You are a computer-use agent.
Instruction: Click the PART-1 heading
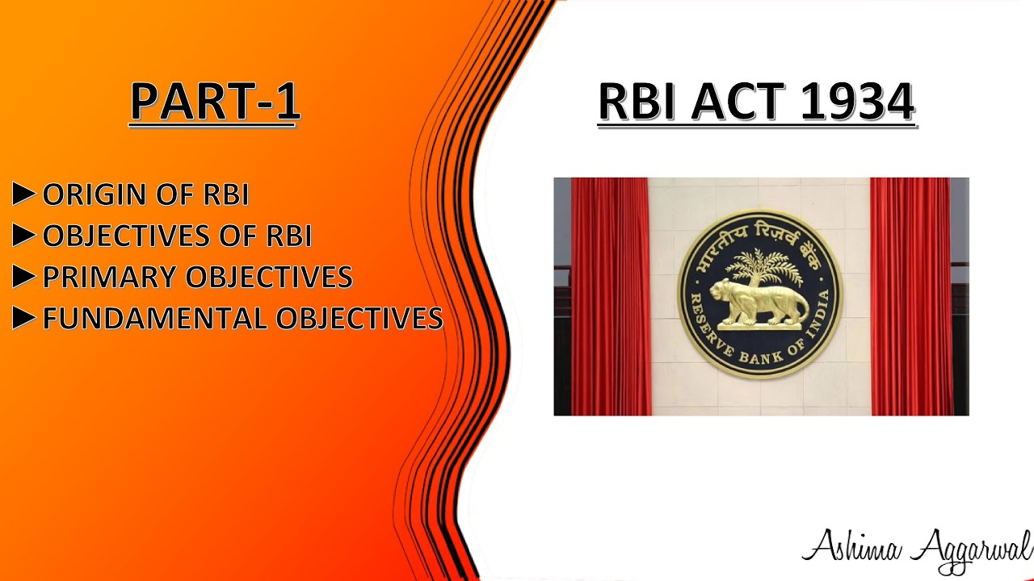(x=215, y=102)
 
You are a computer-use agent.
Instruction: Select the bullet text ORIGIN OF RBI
(x=145, y=195)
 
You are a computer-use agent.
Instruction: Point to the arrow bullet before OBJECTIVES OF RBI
(x=24, y=236)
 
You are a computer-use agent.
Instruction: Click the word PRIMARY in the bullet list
(x=111, y=278)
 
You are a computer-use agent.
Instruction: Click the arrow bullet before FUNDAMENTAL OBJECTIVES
(x=24, y=319)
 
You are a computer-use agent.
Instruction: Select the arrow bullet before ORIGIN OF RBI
(x=24, y=194)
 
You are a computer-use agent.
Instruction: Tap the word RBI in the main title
(x=637, y=102)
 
